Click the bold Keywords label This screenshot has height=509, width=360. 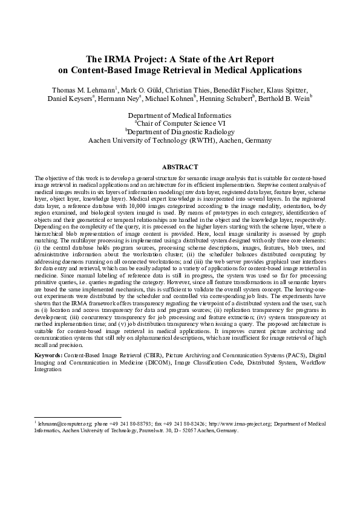48,355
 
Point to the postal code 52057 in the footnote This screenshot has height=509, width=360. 194,432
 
